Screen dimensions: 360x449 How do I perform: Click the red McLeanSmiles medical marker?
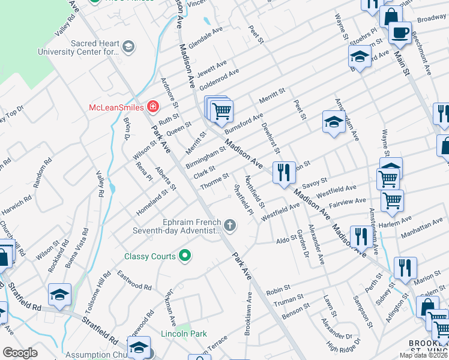tap(153, 107)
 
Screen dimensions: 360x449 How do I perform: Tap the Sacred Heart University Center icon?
tap(128, 47)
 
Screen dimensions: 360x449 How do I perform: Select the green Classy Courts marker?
tap(185, 256)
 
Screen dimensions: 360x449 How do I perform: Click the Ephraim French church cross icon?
tap(229, 226)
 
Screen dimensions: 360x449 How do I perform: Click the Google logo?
tap(20, 353)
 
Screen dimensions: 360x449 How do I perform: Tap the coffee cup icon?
tap(400, 32)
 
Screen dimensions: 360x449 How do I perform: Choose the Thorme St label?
tap(215, 182)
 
